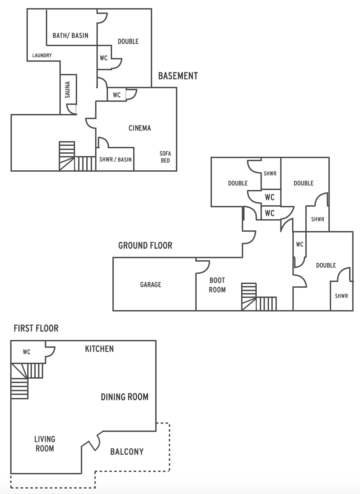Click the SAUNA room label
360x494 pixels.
pyautogui.click(x=68, y=90)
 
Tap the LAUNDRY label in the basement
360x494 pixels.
pyautogui.click(x=42, y=55)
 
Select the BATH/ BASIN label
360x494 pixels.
pyautogui.click(x=70, y=35)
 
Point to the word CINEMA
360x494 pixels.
pyautogui.click(x=140, y=128)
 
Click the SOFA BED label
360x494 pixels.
pyautogui.click(x=165, y=157)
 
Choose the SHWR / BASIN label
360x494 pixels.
pyautogui.click(x=115, y=159)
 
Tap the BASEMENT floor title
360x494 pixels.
pyautogui.click(x=178, y=76)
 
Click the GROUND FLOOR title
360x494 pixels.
pyautogui.click(x=145, y=245)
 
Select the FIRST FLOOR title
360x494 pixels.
pyautogui.click(x=36, y=328)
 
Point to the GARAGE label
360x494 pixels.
pyautogui.click(x=151, y=284)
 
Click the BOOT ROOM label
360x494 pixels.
pyautogui.click(x=217, y=285)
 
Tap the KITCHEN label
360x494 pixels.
pyautogui.click(x=99, y=349)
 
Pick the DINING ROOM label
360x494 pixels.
pyautogui.click(x=125, y=397)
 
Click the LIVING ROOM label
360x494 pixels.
pyautogui.click(x=45, y=444)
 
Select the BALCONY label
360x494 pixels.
pyautogui.click(x=127, y=452)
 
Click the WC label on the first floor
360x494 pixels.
pyautogui.click(x=26, y=352)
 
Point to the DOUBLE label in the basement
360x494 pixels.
pyautogui.click(x=128, y=41)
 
